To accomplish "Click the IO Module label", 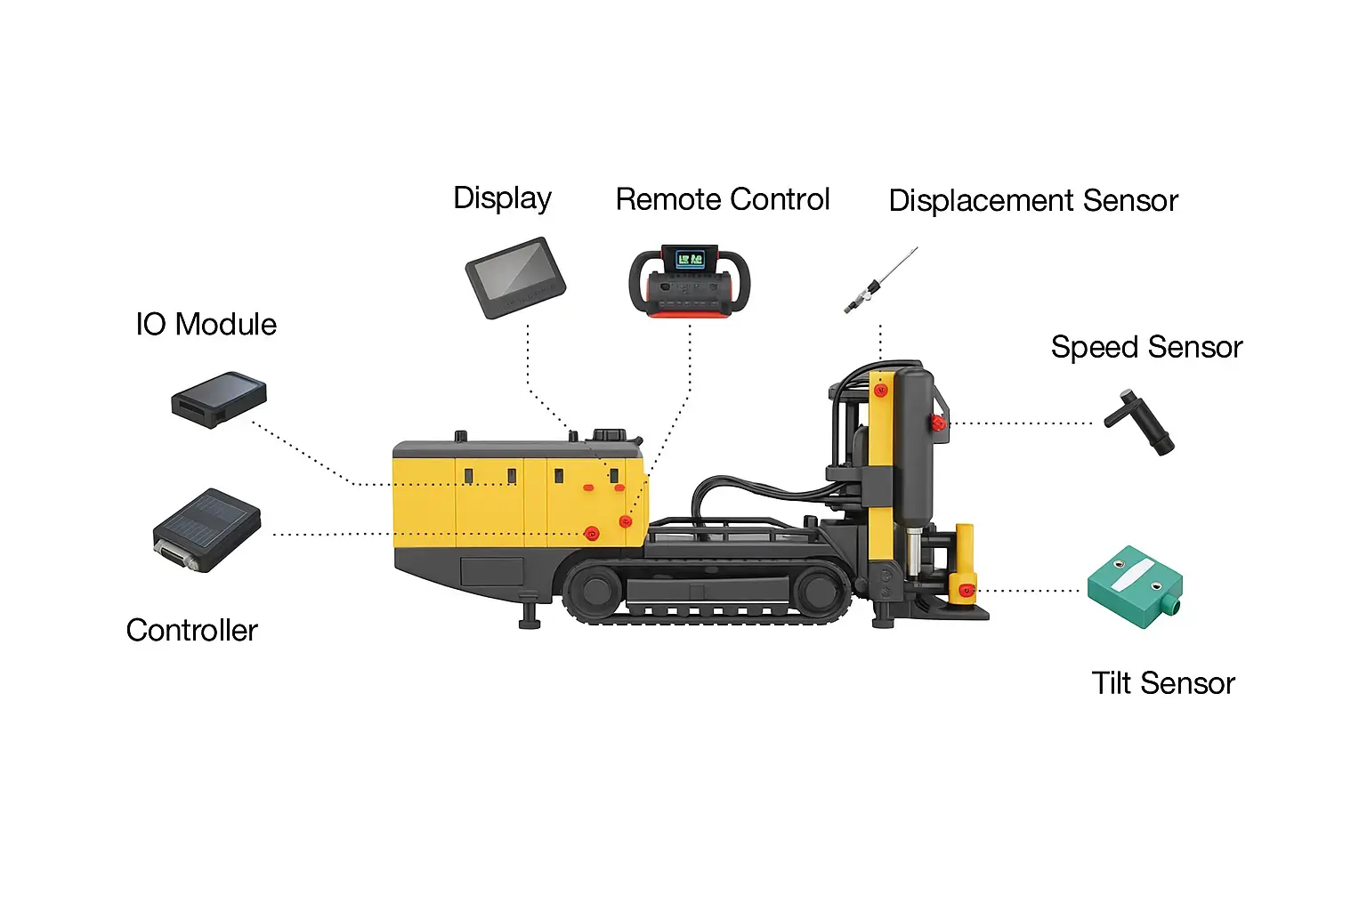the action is [x=206, y=324].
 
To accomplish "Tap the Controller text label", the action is [x=191, y=631].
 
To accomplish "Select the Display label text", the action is [x=502, y=199].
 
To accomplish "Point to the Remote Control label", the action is [x=723, y=199].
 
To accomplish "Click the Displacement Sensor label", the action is [x=1033, y=201].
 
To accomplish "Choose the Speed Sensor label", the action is [x=1146, y=348].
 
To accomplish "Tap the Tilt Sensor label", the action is [x=1162, y=683].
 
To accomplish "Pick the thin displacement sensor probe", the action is [x=880, y=280].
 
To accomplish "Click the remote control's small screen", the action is [x=691, y=260].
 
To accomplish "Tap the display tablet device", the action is [x=515, y=278].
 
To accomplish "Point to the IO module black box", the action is [x=219, y=399].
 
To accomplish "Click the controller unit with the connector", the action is [x=206, y=530].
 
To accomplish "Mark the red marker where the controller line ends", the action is [x=592, y=534].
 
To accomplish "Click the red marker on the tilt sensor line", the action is [x=966, y=590].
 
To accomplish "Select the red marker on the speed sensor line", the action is [x=939, y=423].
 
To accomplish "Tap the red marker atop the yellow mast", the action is [x=880, y=391].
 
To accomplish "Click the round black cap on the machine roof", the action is [x=610, y=434].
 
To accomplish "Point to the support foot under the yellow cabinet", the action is [x=530, y=611].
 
